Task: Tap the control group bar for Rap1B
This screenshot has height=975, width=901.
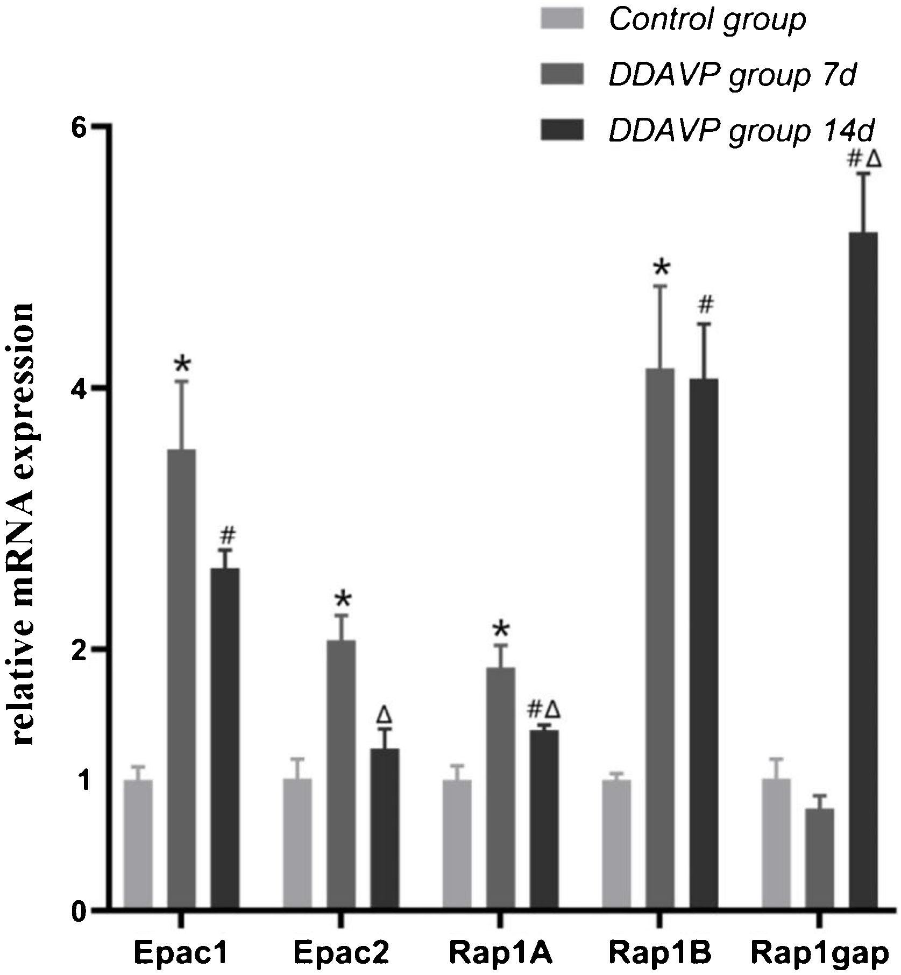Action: [616, 844]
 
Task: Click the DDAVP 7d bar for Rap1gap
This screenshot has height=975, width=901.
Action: [820, 859]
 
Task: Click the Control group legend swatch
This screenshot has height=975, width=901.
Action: [562, 19]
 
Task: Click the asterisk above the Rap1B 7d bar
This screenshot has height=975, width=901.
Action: [661, 267]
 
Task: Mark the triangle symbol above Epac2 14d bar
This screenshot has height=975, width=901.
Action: [384, 715]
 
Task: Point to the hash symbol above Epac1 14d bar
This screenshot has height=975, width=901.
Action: [228, 535]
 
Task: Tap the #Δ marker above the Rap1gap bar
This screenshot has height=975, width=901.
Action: [864, 159]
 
